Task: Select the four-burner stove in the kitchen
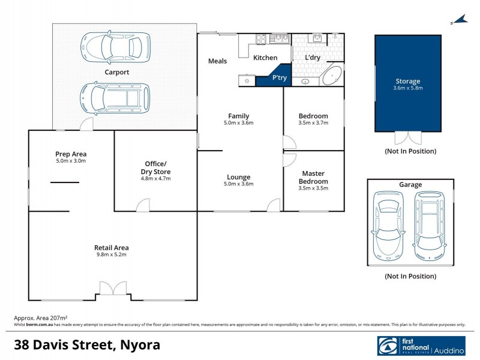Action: [x=262, y=40]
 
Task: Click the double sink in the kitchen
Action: [x=279, y=40]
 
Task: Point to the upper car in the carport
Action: [x=115, y=44]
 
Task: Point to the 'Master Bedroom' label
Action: [x=314, y=178]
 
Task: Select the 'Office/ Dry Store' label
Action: [x=155, y=167]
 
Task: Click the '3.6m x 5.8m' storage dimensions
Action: [x=407, y=89]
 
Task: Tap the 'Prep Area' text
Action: [x=71, y=154]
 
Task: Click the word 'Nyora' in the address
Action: [x=139, y=346]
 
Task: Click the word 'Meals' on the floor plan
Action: [x=217, y=61]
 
